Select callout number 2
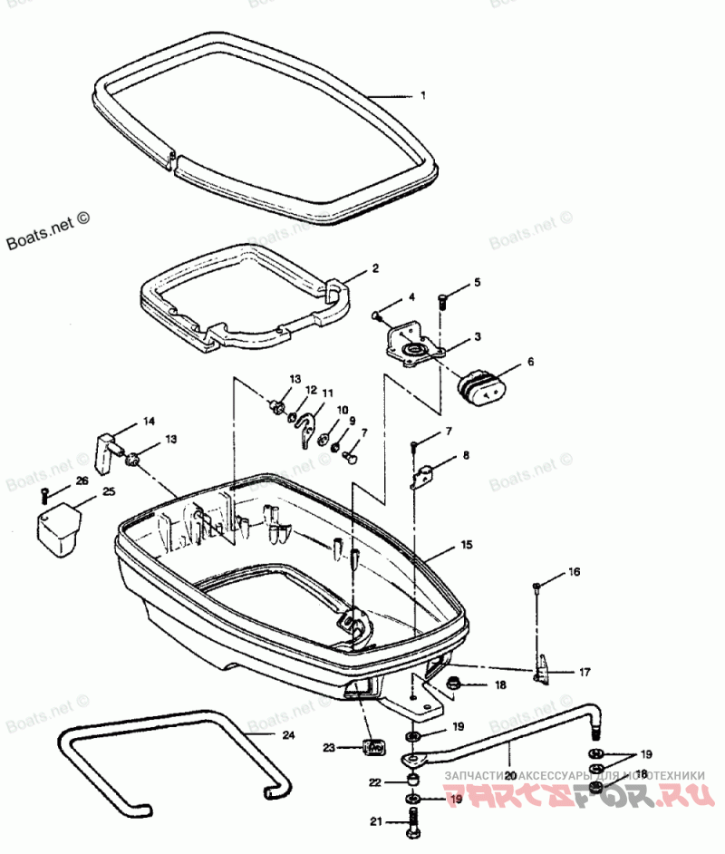click(x=374, y=269)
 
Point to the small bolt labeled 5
click(x=442, y=301)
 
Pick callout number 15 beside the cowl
click(x=467, y=546)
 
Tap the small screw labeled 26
click(x=44, y=494)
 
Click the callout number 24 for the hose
click(x=288, y=735)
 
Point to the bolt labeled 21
click(x=413, y=822)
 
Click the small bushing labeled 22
click(x=413, y=781)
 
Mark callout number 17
click(x=585, y=672)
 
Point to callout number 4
click(x=411, y=296)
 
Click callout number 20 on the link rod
click(x=510, y=776)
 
